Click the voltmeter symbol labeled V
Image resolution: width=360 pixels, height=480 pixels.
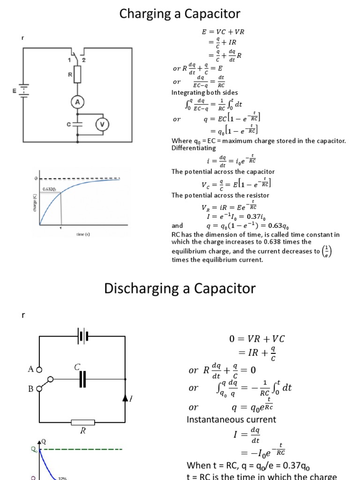point(102,124)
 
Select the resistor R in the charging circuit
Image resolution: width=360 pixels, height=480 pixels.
point(78,75)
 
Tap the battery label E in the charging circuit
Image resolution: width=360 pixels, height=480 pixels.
point(15,91)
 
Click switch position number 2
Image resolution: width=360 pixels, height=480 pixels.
point(84,60)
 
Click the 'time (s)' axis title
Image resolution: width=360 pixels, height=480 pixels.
point(84,233)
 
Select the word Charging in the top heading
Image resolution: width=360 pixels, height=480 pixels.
point(149,15)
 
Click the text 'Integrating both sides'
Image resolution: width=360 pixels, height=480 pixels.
point(199,93)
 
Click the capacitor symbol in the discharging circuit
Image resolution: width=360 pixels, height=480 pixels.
point(83,379)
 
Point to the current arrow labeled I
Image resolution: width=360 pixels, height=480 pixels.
point(125,398)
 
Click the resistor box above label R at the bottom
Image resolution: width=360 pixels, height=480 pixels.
point(83,422)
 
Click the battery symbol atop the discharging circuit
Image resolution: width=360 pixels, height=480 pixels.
point(83,337)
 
